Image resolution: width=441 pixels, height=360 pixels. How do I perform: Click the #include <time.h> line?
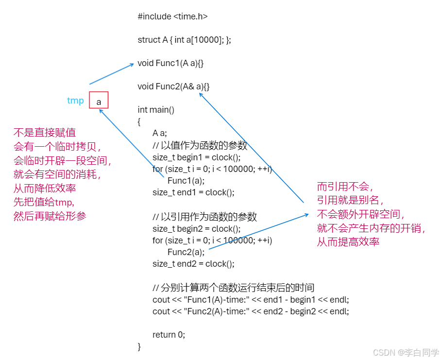pos(172,17)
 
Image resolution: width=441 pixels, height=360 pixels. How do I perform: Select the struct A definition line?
pos(184,40)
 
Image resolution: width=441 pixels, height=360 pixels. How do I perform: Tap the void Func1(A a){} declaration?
pos(170,63)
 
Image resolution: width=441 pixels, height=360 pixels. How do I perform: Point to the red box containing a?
pos(99,101)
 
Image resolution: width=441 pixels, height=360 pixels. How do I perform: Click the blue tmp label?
pos(75,101)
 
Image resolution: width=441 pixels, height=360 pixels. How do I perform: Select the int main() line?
pos(156,110)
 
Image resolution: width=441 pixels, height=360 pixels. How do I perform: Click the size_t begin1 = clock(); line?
pos(196,157)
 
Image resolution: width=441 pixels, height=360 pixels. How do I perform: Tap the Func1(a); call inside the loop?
pos(186,181)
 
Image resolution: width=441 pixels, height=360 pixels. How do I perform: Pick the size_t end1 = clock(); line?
pos(193,192)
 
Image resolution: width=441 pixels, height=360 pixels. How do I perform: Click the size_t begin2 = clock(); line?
pos(196,229)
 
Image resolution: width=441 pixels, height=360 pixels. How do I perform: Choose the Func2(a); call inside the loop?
pos(186,252)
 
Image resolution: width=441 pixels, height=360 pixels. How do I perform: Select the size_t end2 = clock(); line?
pos(193,264)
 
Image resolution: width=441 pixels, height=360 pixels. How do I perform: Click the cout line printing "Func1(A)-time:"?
pos(251,300)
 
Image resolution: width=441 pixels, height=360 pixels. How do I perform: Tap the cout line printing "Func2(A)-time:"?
pos(251,311)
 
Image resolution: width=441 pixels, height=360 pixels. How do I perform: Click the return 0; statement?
pos(169,335)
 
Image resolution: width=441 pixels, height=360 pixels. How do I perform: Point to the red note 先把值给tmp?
pos(47,202)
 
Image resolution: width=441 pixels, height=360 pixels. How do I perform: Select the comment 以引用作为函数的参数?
pos(204,217)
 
